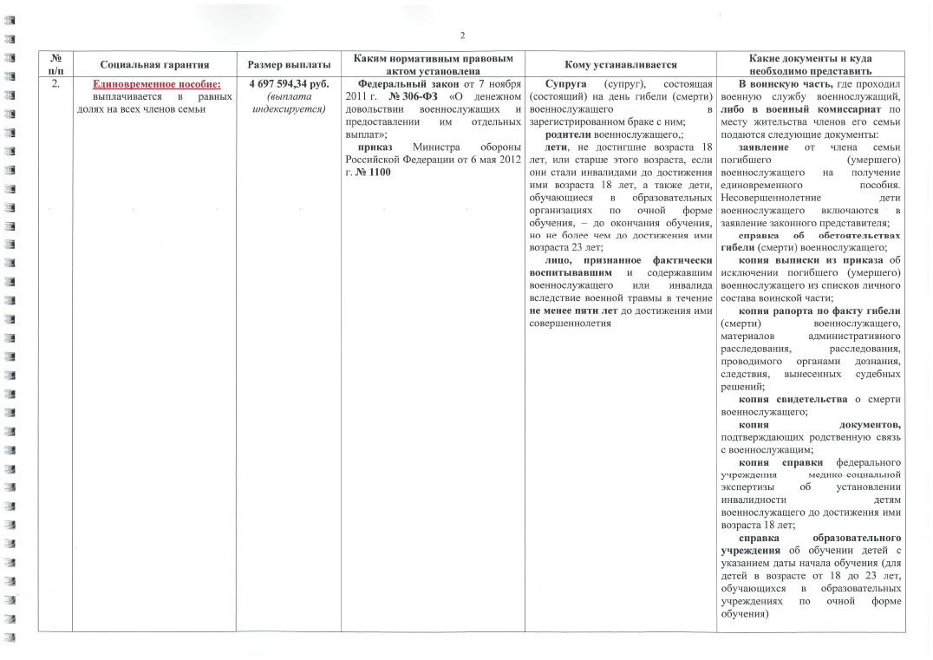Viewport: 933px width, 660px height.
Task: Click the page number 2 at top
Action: [463, 36]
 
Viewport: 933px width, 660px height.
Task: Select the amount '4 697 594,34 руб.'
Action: [288, 84]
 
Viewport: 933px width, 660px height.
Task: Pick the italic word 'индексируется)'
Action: [288, 108]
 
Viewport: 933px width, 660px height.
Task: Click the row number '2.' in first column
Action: [55, 84]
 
